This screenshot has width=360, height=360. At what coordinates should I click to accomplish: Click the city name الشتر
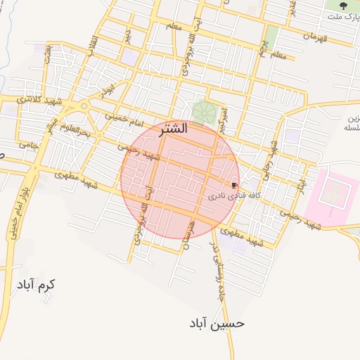click(174, 130)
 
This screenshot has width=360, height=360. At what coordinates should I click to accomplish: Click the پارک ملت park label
click(343, 15)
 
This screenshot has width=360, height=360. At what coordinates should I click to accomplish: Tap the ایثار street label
click(301, 182)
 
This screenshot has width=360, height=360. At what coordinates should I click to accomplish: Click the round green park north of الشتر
click(204, 111)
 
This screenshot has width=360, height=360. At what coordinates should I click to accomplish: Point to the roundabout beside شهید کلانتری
click(84, 106)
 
